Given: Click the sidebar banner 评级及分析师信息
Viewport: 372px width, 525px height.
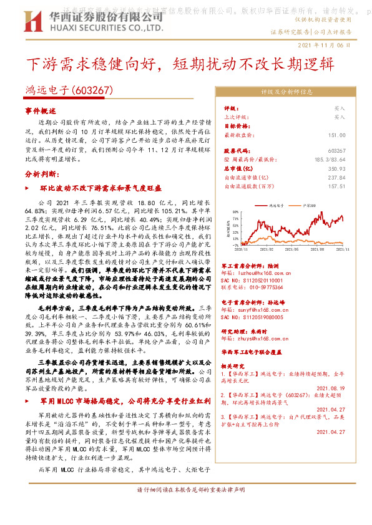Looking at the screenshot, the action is [286, 91].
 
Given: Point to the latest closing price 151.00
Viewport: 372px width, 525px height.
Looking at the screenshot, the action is [336, 135].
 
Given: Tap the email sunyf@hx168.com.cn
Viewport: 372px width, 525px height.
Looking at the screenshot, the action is [258, 308].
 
